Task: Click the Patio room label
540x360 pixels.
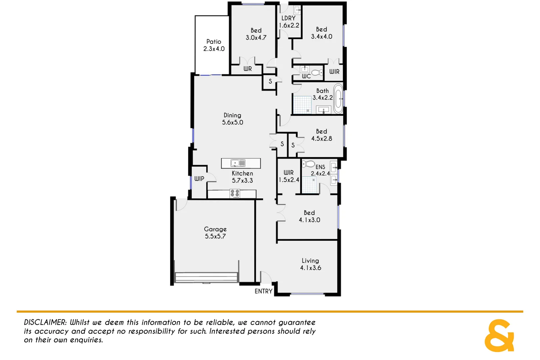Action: (x=214, y=45)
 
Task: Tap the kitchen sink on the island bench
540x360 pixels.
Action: (x=238, y=163)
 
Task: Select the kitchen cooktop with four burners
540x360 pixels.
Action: (x=235, y=193)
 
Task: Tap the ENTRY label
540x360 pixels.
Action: (x=263, y=291)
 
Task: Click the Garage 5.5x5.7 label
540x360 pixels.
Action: (x=215, y=233)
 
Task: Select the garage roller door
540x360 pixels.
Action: (x=206, y=277)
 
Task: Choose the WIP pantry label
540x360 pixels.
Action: (x=199, y=179)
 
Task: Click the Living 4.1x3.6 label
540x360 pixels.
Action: (x=310, y=264)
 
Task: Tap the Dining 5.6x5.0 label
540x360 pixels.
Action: (x=232, y=119)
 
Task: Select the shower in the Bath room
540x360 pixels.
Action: (x=302, y=105)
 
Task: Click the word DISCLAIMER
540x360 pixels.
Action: (x=45, y=322)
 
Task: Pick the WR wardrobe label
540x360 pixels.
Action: (x=247, y=69)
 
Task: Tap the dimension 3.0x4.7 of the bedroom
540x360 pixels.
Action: (x=256, y=38)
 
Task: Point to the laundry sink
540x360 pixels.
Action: (x=297, y=10)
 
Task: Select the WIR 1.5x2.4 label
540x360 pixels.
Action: (x=289, y=176)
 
